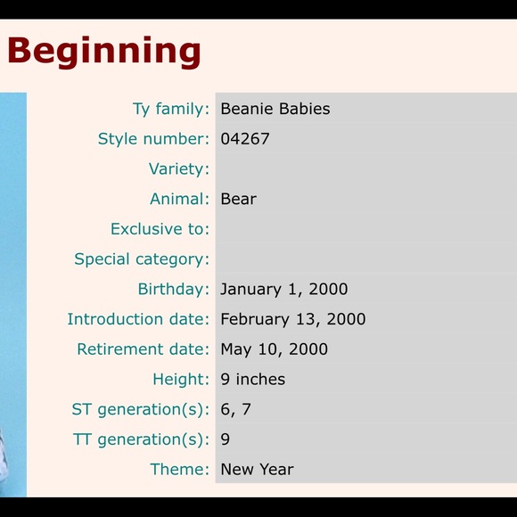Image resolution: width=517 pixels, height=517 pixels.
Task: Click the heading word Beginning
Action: (103, 51)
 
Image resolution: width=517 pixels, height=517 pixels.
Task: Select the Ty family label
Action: (170, 109)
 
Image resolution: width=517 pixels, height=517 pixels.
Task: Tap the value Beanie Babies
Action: (275, 109)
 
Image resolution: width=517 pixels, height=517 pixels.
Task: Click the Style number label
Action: (153, 139)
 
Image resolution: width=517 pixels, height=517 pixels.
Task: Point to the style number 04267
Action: (244, 139)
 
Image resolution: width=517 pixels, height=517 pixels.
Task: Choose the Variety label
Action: (178, 169)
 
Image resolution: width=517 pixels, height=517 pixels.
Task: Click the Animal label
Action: (179, 199)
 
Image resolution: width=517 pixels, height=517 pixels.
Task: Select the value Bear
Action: (238, 199)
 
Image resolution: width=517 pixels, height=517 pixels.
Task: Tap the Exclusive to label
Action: (160, 229)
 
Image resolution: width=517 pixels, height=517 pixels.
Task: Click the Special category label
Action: (142, 259)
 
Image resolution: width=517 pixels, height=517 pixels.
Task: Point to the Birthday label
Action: (173, 289)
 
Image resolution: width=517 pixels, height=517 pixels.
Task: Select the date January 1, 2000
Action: (283, 289)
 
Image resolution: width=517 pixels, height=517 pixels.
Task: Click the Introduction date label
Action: (138, 319)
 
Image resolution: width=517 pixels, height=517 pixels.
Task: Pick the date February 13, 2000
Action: (292, 319)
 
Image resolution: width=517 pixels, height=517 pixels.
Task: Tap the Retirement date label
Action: (143, 349)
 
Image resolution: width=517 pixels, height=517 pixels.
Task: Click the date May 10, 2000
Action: (274, 349)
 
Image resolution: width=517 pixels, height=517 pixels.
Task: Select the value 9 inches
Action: (252, 379)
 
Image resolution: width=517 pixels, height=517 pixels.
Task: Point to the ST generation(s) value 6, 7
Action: (235, 409)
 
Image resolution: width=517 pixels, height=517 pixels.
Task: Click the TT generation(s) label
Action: (141, 439)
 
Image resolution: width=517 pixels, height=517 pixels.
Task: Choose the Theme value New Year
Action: (257, 469)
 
